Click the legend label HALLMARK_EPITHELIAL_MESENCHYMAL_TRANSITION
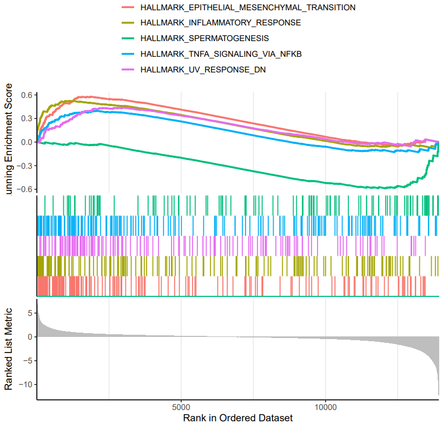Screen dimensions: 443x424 (x=248, y=8)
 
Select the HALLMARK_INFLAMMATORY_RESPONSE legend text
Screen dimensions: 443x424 (x=221, y=23)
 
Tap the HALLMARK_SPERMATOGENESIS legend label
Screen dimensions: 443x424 (x=204, y=38)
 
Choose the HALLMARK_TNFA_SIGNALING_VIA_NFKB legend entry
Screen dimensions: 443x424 (x=221, y=54)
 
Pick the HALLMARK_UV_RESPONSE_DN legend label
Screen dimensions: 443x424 (x=203, y=69)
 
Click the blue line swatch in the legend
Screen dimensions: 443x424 (x=128, y=54)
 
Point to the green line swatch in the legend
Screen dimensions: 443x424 (x=128, y=38)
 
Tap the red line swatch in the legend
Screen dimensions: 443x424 (x=128, y=8)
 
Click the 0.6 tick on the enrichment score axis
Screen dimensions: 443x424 (x=27, y=95)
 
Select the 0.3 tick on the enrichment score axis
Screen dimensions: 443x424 (x=27, y=118)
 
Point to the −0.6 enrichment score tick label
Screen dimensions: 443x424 (x=24, y=189)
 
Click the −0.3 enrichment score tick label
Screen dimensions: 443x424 (x=24, y=165)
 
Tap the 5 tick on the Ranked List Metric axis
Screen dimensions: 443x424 (x=30, y=313)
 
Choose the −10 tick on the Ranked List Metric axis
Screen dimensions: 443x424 (x=26, y=385)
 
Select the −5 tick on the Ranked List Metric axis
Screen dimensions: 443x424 (x=28, y=361)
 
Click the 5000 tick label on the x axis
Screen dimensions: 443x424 (x=181, y=407)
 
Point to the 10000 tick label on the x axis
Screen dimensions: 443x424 (x=326, y=407)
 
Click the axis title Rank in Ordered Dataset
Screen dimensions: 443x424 (x=238, y=418)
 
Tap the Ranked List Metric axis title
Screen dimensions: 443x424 (x=8, y=349)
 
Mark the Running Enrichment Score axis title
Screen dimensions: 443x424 (x=8, y=139)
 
